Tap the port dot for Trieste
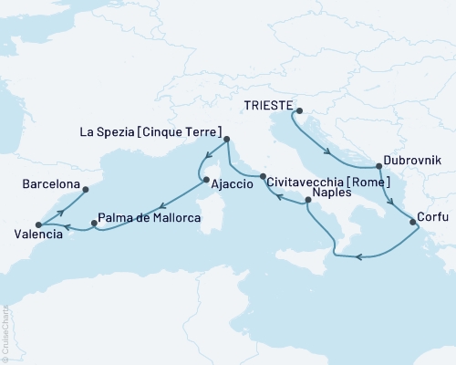(x=295, y=110)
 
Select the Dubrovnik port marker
(x=378, y=167)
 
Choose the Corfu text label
(x=430, y=217)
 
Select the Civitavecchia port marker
(x=263, y=176)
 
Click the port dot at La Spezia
(x=227, y=140)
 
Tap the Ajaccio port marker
(x=206, y=179)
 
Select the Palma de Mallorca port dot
(x=95, y=223)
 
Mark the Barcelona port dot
(x=85, y=191)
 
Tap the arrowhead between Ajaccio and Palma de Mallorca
(x=161, y=206)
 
